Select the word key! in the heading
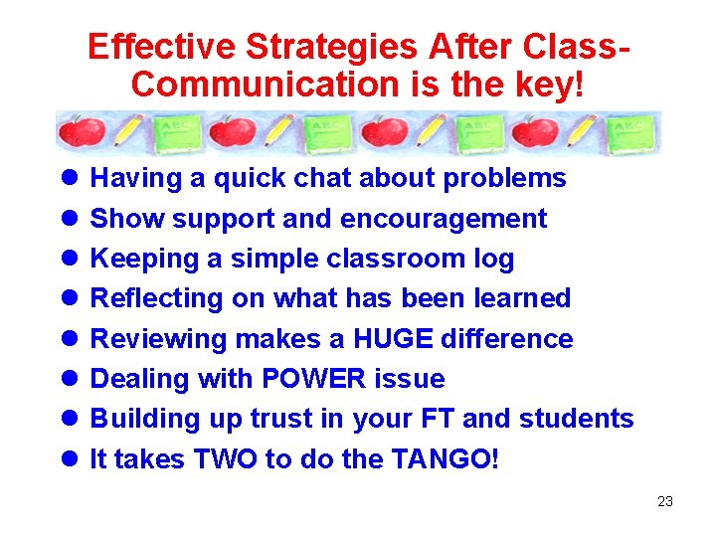pyautogui.click(x=548, y=86)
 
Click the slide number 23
pyautogui.click(x=665, y=501)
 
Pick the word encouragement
pyautogui.click(x=444, y=219)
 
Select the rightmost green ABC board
pyautogui.click(x=631, y=132)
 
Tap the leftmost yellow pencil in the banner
pyautogui.click(x=128, y=130)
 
